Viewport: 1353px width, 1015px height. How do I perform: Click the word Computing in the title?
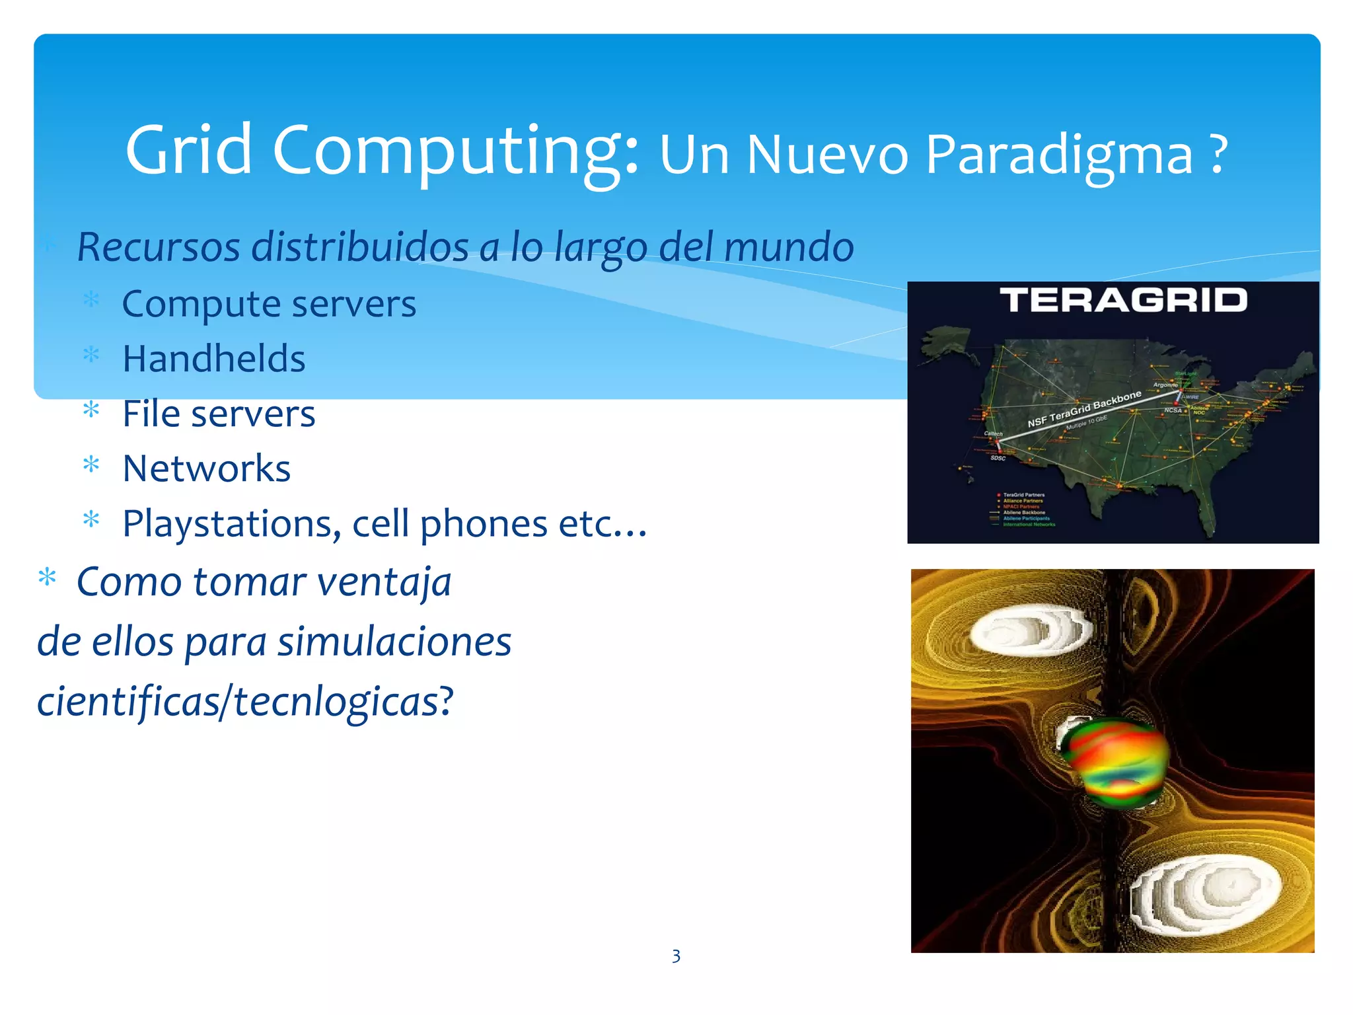[x=456, y=151]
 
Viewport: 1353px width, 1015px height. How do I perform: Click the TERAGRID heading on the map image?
[x=1123, y=301]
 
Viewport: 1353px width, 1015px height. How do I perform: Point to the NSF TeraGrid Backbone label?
[x=1084, y=409]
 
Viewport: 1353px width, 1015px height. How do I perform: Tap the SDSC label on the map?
[x=998, y=458]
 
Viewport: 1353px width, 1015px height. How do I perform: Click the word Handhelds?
[x=214, y=359]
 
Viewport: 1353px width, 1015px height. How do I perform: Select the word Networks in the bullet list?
[x=207, y=469]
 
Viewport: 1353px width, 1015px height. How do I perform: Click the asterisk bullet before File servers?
[x=91, y=411]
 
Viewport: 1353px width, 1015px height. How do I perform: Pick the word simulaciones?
[x=394, y=642]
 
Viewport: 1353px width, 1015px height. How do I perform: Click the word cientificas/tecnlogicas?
[x=244, y=701]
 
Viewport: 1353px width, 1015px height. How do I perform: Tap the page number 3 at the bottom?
[x=676, y=956]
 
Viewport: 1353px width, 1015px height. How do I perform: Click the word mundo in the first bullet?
[x=789, y=247]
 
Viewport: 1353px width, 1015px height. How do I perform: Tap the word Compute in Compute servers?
[x=201, y=305]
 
